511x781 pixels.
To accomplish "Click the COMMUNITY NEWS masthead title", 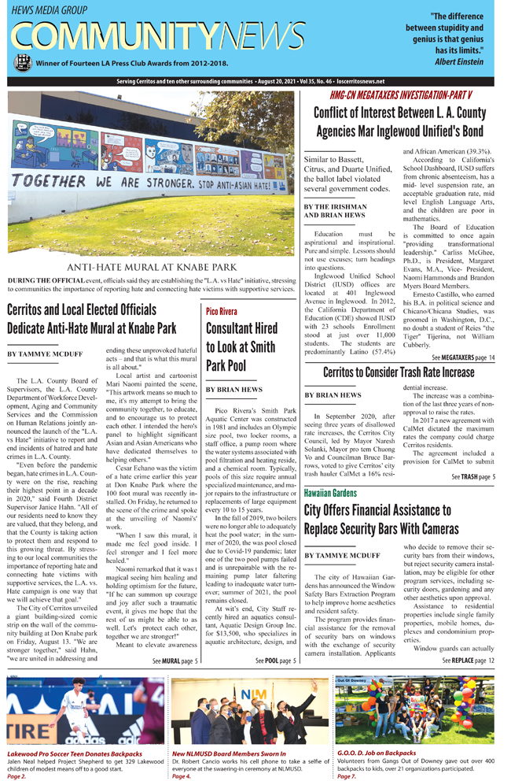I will click(x=157, y=36).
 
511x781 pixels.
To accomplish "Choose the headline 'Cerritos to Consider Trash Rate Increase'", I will click(x=399, y=372).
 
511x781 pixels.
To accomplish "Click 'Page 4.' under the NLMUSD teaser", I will click(x=183, y=776).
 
